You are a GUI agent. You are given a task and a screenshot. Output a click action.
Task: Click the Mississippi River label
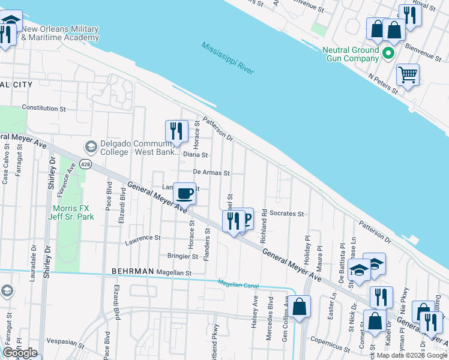(x=228, y=58)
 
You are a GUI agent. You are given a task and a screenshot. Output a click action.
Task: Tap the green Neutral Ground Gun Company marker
(x=388, y=54)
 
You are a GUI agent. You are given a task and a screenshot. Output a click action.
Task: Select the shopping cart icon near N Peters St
(x=408, y=75)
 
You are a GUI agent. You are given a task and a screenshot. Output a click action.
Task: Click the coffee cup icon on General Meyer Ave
(x=184, y=193)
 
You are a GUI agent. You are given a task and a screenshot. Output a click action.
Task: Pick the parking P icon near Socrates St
(x=245, y=220)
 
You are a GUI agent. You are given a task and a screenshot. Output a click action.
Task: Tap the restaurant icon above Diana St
(x=176, y=131)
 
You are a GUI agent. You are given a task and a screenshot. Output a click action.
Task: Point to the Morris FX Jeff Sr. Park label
(x=69, y=212)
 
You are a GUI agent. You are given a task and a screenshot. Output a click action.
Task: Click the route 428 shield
(x=86, y=164)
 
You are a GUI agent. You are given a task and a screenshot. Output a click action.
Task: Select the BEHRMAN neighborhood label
(x=132, y=271)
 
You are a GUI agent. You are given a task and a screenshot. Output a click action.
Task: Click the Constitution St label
(x=44, y=109)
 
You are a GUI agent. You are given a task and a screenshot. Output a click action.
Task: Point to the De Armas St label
(x=211, y=173)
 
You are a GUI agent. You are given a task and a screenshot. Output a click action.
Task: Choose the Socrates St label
(x=287, y=213)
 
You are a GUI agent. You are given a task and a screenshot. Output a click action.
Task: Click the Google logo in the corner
(x=20, y=353)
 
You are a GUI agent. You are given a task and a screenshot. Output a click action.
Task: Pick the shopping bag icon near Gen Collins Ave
(x=301, y=306)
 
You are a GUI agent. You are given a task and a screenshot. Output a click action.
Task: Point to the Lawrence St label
(x=143, y=238)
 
